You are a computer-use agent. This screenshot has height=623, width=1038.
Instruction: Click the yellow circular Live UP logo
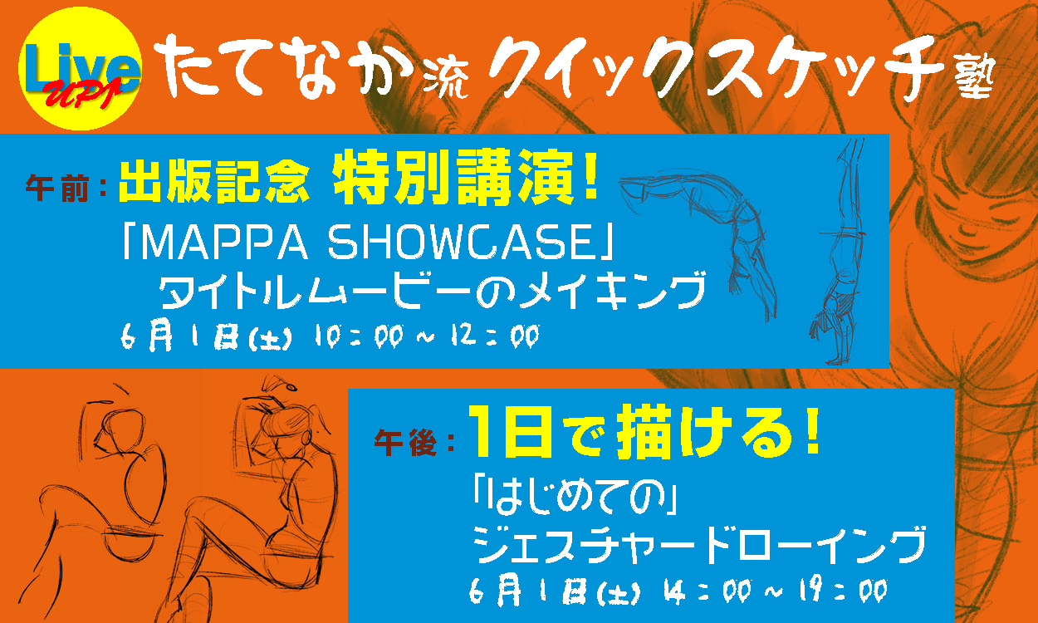tap(80, 68)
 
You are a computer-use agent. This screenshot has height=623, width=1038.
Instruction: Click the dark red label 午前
tap(56, 188)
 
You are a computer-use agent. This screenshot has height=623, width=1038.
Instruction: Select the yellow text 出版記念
tap(214, 182)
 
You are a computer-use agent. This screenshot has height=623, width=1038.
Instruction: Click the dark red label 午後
tap(405, 443)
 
